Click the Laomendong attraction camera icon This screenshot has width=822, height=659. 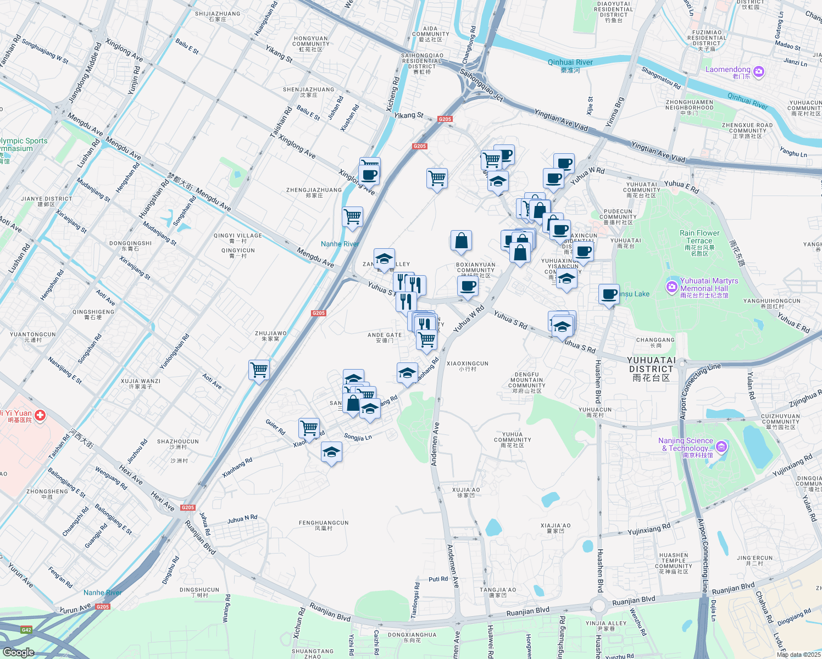[759, 72]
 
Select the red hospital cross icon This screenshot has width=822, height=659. [40, 416]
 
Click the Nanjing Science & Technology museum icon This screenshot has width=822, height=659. [721, 447]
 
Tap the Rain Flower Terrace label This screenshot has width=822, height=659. [699, 237]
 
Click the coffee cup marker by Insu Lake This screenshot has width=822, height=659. [609, 294]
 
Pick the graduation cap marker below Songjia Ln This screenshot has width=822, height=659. [331, 453]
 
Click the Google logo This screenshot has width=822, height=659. [18, 652]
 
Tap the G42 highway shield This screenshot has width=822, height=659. [26, 630]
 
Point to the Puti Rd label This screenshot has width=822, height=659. [438, 579]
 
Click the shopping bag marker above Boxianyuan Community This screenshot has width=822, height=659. [461, 241]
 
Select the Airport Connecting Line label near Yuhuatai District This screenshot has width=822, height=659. [699, 388]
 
